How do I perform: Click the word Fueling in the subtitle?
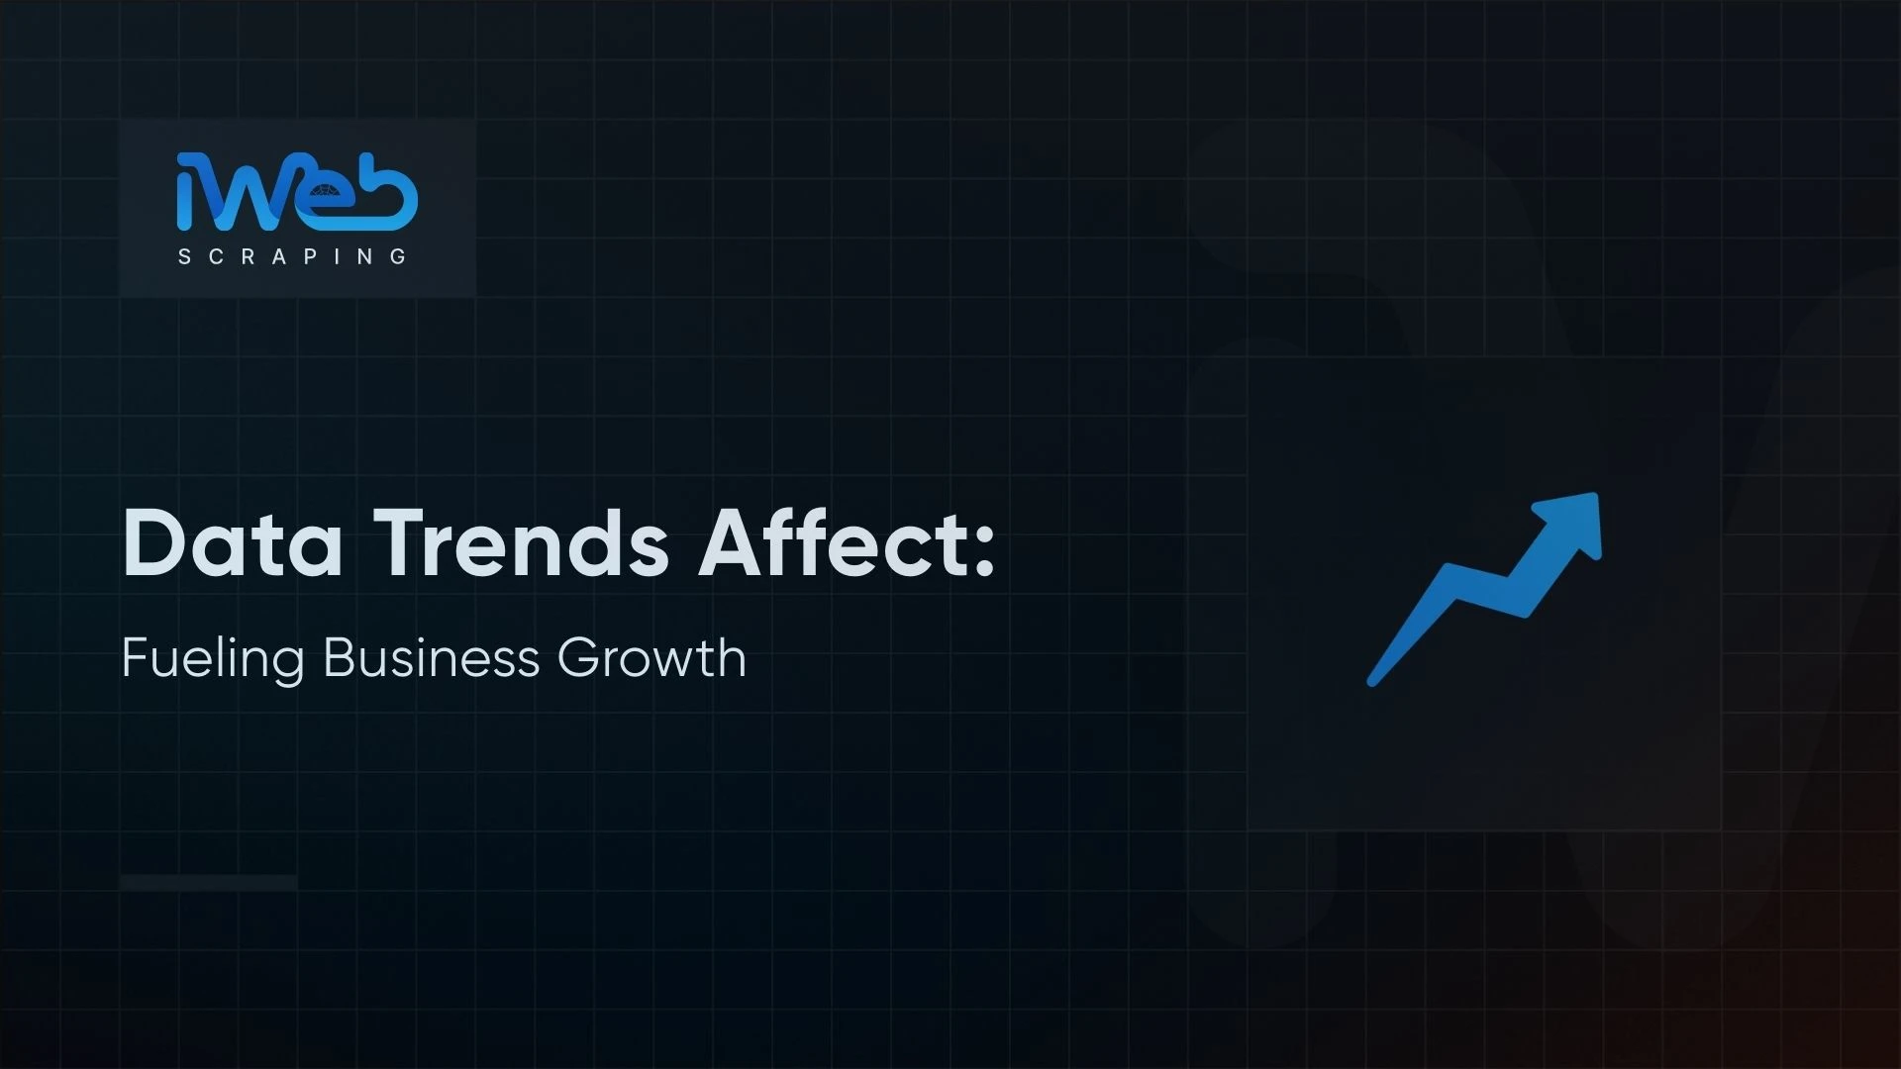point(212,658)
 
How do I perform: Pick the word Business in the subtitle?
point(431,658)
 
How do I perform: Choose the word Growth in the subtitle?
point(651,658)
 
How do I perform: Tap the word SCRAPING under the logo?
point(292,257)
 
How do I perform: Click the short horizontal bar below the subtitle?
point(208,882)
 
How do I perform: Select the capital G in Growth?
point(578,658)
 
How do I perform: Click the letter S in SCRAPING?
point(184,257)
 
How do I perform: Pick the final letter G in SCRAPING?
point(399,257)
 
